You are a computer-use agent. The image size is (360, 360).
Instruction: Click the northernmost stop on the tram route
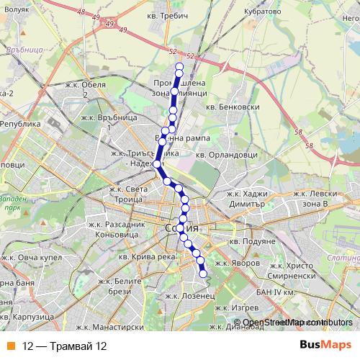click(x=179, y=68)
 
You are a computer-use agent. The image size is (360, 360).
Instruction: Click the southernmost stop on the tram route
click(x=202, y=274)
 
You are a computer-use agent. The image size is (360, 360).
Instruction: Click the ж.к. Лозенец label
click(x=189, y=295)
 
